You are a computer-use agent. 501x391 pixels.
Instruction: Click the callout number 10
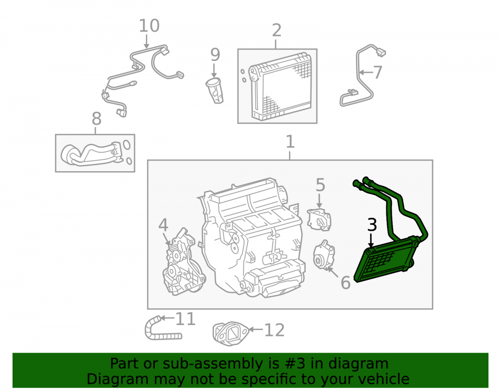click(149, 26)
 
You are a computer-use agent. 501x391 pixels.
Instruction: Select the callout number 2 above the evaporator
click(277, 31)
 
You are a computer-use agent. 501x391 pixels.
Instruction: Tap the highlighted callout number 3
click(372, 225)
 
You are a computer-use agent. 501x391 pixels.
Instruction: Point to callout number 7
click(378, 73)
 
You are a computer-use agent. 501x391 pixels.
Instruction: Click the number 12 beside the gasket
click(274, 330)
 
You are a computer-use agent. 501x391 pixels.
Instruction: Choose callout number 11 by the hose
click(186, 319)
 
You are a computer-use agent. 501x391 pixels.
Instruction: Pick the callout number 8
click(97, 119)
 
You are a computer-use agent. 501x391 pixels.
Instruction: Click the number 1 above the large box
click(290, 142)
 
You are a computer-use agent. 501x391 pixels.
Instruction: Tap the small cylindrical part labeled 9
click(214, 91)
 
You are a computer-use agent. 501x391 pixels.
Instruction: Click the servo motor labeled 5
click(319, 220)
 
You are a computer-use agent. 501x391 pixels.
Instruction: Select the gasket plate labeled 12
click(230, 333)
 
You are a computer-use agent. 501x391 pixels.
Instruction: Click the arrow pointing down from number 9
click(214, 70)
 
